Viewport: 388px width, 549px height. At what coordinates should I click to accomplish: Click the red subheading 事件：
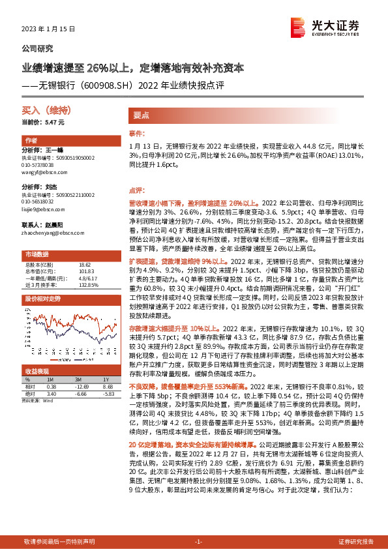[136, 133]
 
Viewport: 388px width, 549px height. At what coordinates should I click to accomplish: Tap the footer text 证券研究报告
[356, 542]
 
